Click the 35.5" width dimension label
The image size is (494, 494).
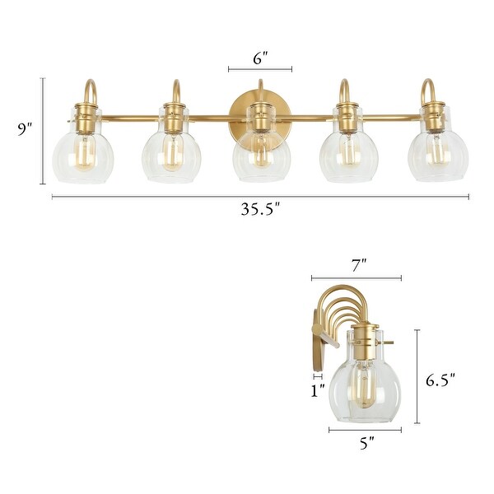[x=260, y=209]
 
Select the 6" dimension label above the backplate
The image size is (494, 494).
[x=260, y=58]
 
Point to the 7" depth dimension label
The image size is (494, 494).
[x=358, y=265]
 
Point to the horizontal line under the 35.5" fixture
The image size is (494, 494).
[x=260, y=196]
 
